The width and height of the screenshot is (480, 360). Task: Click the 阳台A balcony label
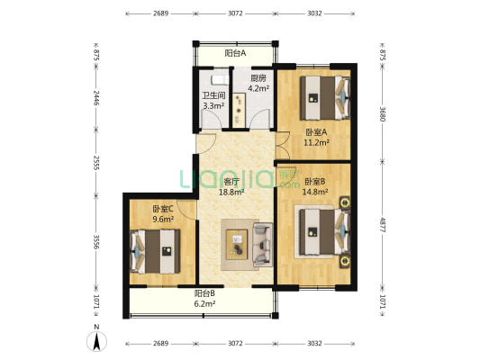pos(235,53)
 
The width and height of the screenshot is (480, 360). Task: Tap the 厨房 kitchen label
pos(258,78)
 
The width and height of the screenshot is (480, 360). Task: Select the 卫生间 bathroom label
pos(213,95)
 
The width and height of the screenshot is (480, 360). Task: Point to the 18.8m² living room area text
pos(231,192)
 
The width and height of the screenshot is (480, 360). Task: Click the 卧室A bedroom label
pos(316,132)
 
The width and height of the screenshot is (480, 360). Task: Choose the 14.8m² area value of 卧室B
pos(315,192)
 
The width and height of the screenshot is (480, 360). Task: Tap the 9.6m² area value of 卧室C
pos(163,219)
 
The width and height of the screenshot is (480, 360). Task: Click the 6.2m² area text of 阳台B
pos(204,303)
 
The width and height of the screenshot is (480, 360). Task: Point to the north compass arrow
pos(96,341)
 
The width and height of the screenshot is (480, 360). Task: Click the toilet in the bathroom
pos(220,79)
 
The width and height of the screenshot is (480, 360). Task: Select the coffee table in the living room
pos(237,245)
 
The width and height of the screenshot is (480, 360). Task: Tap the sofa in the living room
pos(262,245)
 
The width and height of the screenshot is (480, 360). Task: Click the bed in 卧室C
pos(155,251)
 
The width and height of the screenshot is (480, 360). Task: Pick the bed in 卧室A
pos(325,98)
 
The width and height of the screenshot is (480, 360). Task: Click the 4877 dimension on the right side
pos(382,224)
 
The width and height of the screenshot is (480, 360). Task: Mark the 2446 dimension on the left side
pos(96,98)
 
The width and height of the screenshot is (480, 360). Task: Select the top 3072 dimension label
pos(235,13)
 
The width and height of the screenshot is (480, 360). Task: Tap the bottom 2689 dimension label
pos(160,343)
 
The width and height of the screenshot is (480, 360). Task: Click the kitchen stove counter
pos(239,110)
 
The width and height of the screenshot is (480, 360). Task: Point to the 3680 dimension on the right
pos(382,113)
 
